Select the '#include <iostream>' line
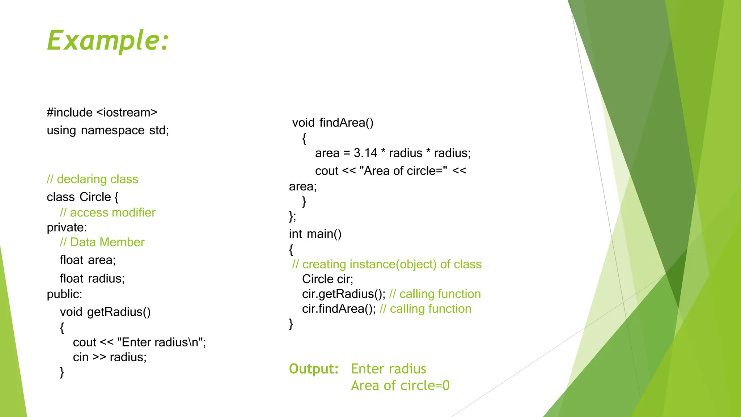coord(102,112)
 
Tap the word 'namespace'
coord(113,130)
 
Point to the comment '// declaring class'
coord(92,179)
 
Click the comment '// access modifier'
coord(107,212)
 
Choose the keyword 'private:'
coord(67,227)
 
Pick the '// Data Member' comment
coord(102,242)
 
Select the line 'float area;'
coord(88,260)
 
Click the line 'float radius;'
coord(92,278)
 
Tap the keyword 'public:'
coord(64,294)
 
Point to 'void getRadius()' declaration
coord(105,312)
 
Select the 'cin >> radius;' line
coord(110,357)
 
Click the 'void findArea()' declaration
coord(333,122)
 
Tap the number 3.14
coord(365,153)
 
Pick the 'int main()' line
coord(315,234)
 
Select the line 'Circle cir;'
coord(327,279)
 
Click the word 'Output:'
coord(314,368)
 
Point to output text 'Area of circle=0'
coord(400,385)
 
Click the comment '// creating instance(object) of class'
coord(387,264)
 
